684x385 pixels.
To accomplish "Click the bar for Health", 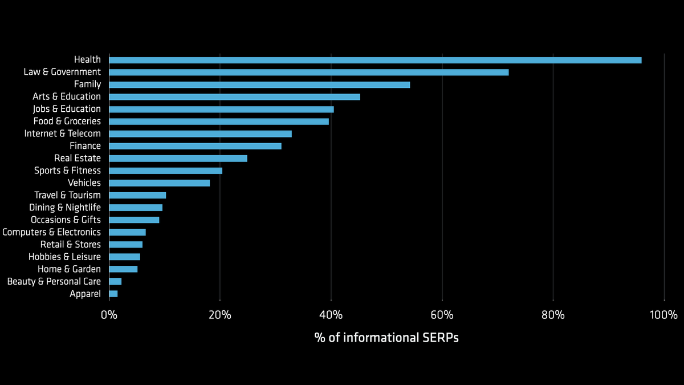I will [x=375, y=60].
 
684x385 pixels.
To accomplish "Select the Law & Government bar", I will [x=308, y=72].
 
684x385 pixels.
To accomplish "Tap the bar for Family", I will [x=259, y=84].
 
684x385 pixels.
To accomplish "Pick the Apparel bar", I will [x=113, y=294].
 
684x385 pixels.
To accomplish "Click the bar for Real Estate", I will [x=178, y=158].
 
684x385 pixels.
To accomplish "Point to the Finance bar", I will [x=195, y=146].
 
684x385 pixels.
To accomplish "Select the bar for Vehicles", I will [x=159, y=183].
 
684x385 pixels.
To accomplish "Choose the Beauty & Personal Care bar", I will [x=115, y=281].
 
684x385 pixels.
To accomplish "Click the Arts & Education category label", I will [x=67, y=96].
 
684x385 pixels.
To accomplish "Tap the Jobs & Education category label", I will [x=67, y=109].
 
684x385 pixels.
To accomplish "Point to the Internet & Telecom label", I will [x=62, y=133].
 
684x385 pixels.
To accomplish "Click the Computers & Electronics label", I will [x=51, y=232].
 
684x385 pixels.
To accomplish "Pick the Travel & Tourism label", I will [x=67, y=195].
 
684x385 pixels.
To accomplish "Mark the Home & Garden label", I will [x=69, y=269].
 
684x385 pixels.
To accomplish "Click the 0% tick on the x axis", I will [x=109, y=315].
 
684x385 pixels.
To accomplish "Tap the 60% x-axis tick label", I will [x=442, y=315].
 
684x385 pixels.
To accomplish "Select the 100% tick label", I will [x=663, y=315].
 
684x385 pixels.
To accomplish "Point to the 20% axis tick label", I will [x=219, y=315].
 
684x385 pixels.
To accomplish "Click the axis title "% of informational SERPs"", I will [x=386, y=338].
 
